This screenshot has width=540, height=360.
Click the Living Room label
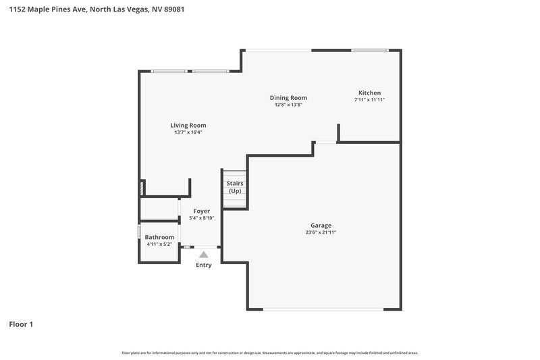click(188, 125)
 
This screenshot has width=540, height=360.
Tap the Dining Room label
click(288, 97)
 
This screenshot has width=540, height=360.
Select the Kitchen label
click(369, 93)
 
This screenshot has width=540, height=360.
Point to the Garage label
click(321, 226)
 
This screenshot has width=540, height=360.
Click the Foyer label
click(202, 211)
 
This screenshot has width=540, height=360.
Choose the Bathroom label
click(159, 237)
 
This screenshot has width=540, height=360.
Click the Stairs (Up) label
click(235, 187)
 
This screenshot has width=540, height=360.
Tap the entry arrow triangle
click(203, 255)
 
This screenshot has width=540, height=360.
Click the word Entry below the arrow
click(203, 265)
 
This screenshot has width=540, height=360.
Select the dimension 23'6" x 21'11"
click(321, 232)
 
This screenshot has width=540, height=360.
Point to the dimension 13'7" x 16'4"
click(188, 132)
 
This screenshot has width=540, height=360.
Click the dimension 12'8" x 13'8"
click(288, 105)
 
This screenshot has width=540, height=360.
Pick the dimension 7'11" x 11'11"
click(369, 100)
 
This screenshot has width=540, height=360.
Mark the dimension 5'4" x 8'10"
click(202, 217)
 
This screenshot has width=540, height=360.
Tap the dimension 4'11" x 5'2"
click(159, 244)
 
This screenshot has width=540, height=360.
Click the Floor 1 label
click(21, 324)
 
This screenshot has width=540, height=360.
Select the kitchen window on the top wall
click(370, 50)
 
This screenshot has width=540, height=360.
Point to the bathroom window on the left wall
click(140, 232)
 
